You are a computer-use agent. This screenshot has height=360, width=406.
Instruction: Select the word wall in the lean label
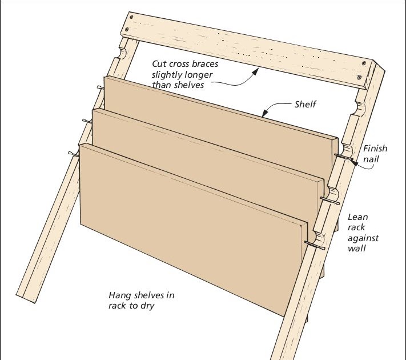pos(357,249)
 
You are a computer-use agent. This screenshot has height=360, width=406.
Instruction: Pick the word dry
pos(147,306)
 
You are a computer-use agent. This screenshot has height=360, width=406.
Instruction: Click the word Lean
pos(358,217)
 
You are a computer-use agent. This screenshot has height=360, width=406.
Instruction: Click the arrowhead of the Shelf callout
pos(263,114)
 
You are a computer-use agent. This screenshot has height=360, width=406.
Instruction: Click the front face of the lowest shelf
pos(188,229)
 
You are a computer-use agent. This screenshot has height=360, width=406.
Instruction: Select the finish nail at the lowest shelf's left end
pos(73,153)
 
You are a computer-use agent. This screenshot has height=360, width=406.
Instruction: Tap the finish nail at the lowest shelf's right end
pos(316,245)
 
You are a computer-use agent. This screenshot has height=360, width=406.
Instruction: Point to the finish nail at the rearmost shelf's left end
pos(101,87)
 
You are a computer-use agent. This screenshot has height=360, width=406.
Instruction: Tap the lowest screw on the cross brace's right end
pos(359,77)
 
